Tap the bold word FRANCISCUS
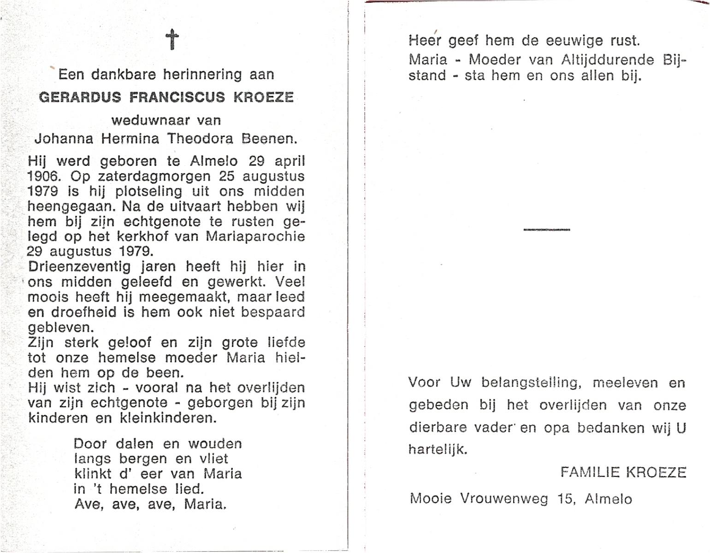(x=177, y=98)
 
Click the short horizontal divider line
(x=547, y=229)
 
